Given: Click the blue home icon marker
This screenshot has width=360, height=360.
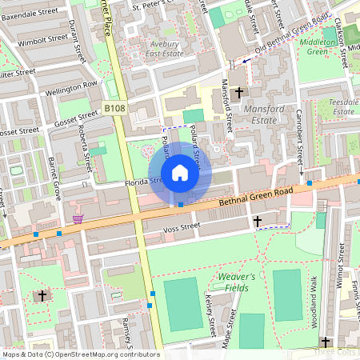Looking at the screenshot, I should coord(180,172).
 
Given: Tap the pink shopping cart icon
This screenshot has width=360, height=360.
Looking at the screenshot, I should coord(78,218).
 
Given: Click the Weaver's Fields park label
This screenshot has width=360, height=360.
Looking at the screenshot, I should coord(236,281).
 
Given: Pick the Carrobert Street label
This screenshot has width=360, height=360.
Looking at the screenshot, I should coord(298,136).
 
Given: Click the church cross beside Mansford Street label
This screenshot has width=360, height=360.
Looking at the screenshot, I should coord(238,94).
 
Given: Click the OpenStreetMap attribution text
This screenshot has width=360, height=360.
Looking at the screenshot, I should coord(80,354).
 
